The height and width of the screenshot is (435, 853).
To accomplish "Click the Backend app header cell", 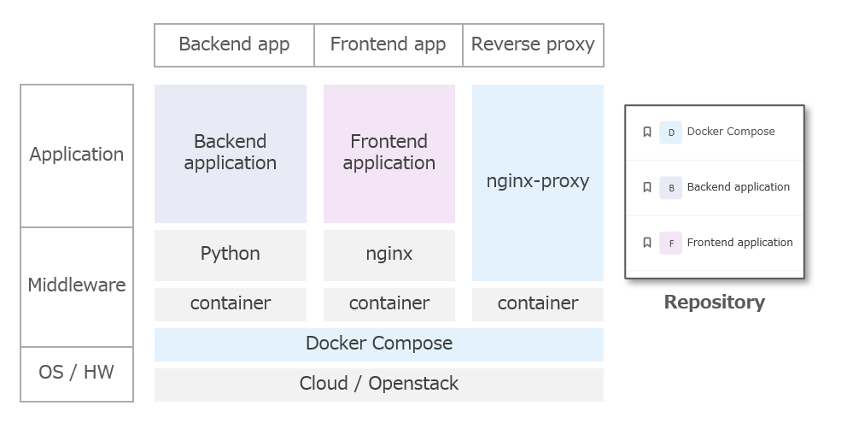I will pyautogui.click(x=234, y=44).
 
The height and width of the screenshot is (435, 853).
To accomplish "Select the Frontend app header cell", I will pyautogui.click(x=388, y=44).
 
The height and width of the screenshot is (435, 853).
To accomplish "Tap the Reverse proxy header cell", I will pyautogui.click(x=533, y=44).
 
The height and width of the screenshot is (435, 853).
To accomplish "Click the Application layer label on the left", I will pyautogui.click(x=77, y=155).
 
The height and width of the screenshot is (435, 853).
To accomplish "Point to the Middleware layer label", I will pyautogui.click(x=77, y=285).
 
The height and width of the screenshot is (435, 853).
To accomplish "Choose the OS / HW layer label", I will pyautogui.click(x=77, y=373).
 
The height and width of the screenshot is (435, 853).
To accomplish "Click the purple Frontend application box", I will pyautogui.click(x=389, y=153).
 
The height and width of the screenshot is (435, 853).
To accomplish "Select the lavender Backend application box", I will pyautogui.click(x=231, y=153).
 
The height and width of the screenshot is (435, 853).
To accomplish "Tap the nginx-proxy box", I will pyautogui.click(x=538, y=182).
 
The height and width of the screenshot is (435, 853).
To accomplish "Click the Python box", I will pyautogui.click(x=231, y=254).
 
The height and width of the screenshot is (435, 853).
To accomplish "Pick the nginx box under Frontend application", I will pyautogui.click(x=389, y=254).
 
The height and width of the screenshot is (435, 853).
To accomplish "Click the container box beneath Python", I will pyautogui.click(x=231, y=303).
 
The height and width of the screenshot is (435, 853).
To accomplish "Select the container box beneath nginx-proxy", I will pyautogui.click(x=538, y=303).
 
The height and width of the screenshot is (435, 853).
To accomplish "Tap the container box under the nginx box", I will pyautogui.click(x=389, y=303).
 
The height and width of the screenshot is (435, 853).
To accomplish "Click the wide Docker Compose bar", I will pyautogui.click(x=379, y=344).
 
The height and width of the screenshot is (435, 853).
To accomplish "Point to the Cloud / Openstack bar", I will pyautogui.click(x=379, y=384).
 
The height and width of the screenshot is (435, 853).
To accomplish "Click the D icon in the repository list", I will pyautogui.click(x=671, y=132).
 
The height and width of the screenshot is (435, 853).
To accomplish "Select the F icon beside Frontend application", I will pyautogui.click(x=671, y=244).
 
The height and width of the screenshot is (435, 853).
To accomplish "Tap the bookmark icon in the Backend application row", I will pyautogui.click(x=647, y=187).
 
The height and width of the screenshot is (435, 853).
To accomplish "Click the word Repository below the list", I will pyautogui.click(x=715, y=302).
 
